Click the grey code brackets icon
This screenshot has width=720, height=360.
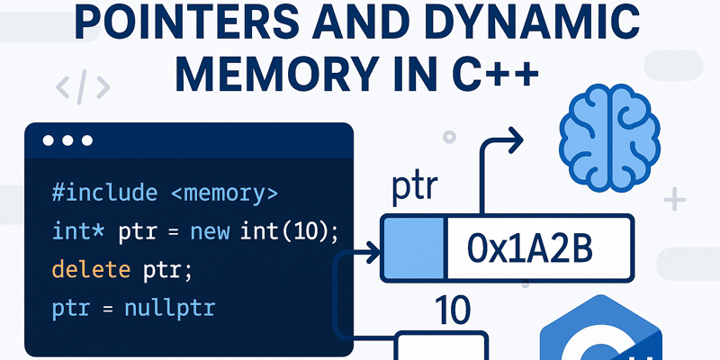pos(82,87)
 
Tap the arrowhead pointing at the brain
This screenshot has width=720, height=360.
pos(515,138)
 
